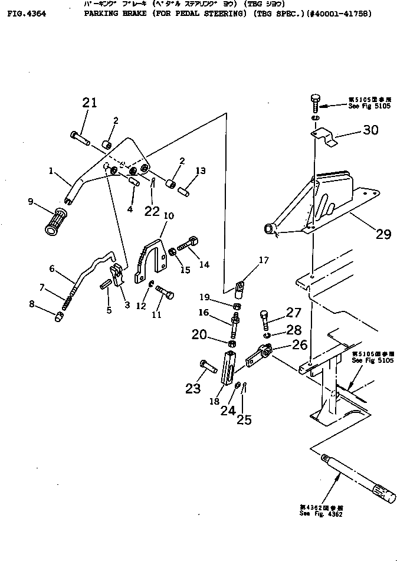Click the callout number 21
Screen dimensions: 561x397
[x=89, y=103]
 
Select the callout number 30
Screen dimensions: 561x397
[x=370, y=130]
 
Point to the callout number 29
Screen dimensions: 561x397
[x=383, y=234]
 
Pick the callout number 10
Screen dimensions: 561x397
[x=168, y=216]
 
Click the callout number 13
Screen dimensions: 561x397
[x=201, y=171]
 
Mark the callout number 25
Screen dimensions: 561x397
[x=243, y=419]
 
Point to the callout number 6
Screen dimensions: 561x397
[x=51, y=268]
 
